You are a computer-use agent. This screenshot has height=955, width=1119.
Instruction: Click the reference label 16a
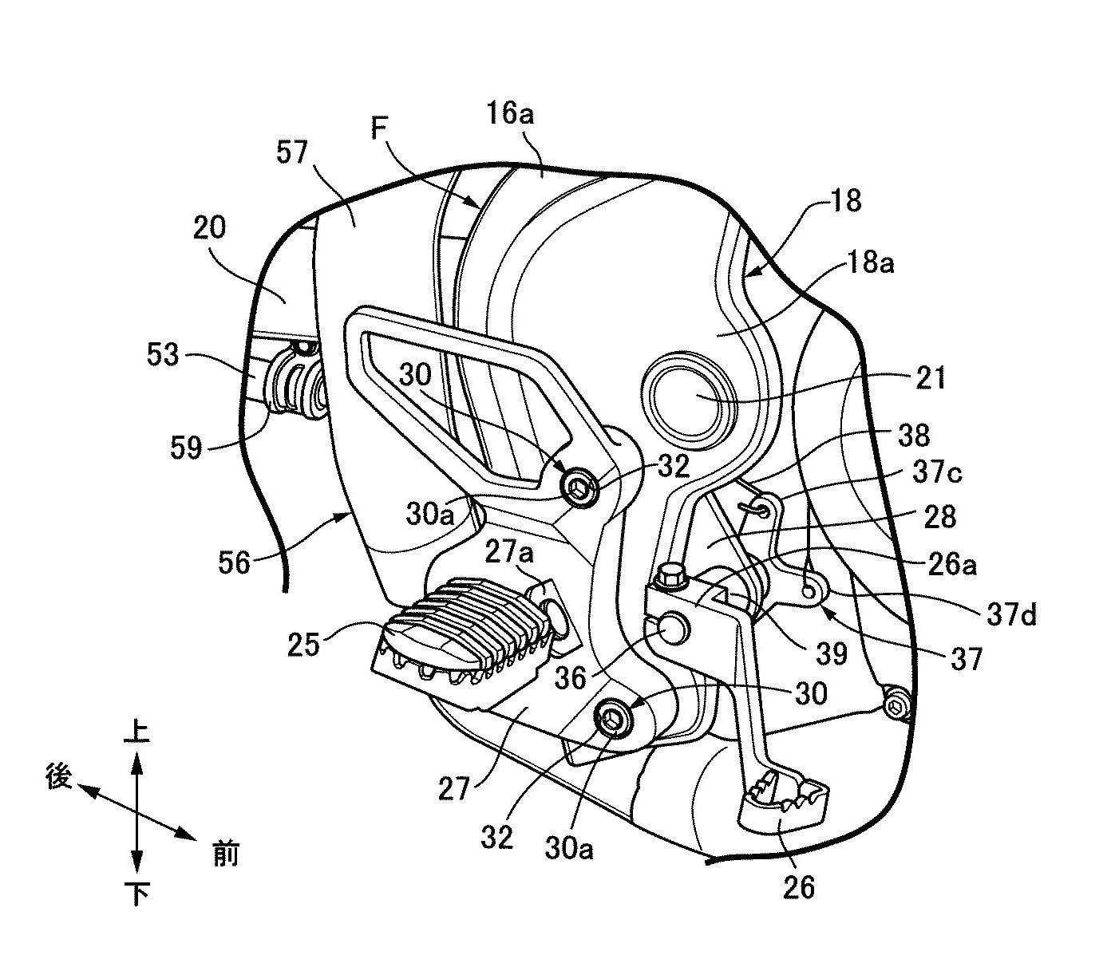pyautogui.click(x=511, y=114)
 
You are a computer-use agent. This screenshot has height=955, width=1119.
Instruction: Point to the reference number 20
pyautogui.click(x=209, y=228)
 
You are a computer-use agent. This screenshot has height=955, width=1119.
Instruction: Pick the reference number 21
pyautogui.click(x=929, y=377)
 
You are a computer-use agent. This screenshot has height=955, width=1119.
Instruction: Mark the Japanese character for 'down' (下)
pyautogui.click(x=137, y=894)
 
